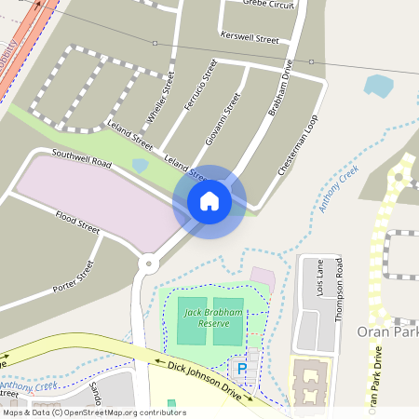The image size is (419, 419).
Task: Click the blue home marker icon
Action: pyautogui.click(x=209, y=201)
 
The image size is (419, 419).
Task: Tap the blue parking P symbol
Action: pyautogui.click(x=242, y=370)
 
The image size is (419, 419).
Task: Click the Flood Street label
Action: pyautogui.click(x=77, y=222)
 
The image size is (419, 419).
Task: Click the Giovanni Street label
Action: pyautogui.click(x=222, y=118)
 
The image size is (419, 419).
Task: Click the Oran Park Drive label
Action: pyautogui.click(x=375, y=377)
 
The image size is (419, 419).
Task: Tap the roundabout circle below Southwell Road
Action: pyautogui.click(x=146, y=264)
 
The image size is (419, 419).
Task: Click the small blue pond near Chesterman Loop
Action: pyautogui.click(x=378, y=87)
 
